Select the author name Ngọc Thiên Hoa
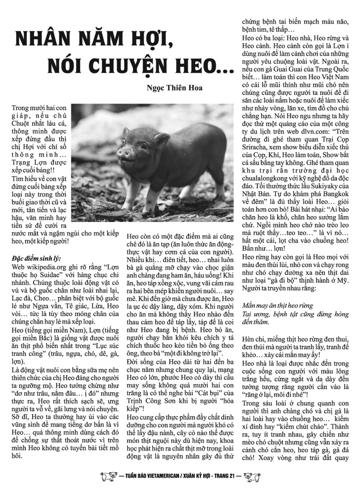click(x=175, y=88)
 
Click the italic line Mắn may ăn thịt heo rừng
click(x=278, y=305)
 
